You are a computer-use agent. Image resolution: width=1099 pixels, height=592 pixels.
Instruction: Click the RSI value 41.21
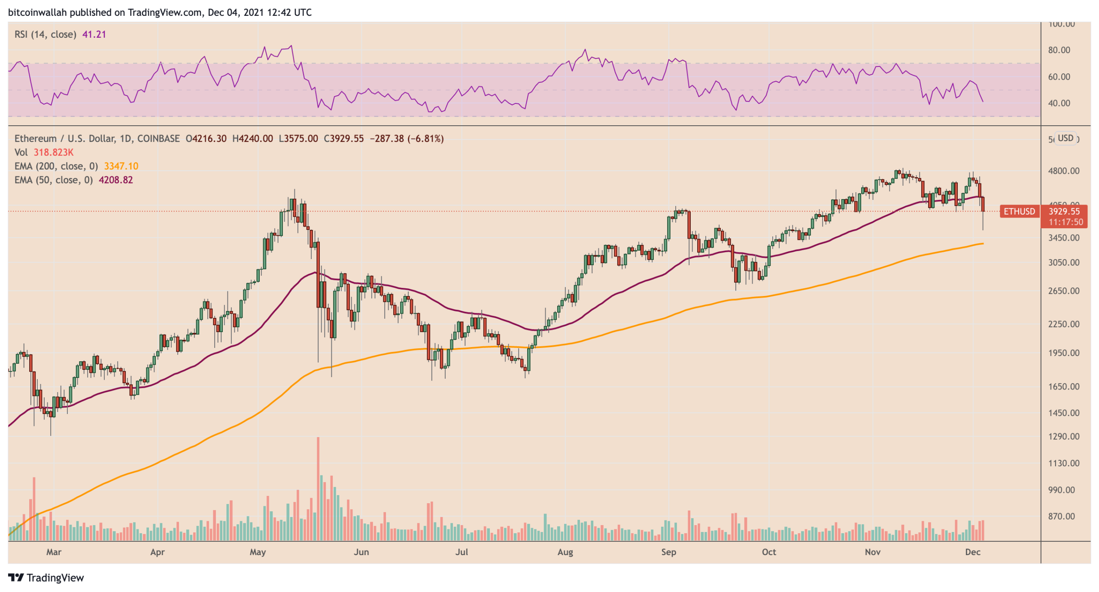[94, 34]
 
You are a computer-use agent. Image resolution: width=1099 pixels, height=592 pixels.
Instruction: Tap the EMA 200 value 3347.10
[121, 166]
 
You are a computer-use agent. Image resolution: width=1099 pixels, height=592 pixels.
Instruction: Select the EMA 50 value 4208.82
[115, 180]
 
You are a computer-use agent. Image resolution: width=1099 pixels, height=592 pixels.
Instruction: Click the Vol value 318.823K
[53, 152]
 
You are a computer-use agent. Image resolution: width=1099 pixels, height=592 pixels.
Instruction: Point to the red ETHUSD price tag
[1018, 211]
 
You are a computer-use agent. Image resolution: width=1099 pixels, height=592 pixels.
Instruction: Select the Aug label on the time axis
[565, 552]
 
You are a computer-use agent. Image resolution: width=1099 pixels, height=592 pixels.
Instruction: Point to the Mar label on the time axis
[54, 552]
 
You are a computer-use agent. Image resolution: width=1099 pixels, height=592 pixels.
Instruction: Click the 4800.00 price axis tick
[1063, 171]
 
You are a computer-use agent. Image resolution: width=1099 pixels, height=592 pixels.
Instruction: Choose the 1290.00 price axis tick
[1063, 436]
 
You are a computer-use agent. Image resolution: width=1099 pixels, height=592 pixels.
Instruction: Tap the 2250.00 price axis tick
[1063, 324]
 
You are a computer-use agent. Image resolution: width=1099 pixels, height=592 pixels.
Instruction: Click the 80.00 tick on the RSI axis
[1059, 50]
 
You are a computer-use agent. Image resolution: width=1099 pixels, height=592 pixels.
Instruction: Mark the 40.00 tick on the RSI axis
[1059, 103]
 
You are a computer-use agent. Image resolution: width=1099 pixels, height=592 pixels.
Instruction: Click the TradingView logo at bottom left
[46, 577]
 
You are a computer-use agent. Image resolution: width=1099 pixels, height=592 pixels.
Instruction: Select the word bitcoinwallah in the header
[37, 12]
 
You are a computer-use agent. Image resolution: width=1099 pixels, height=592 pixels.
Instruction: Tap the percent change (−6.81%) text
[425, 139]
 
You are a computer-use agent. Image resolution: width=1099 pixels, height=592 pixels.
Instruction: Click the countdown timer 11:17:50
[1065, 222]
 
